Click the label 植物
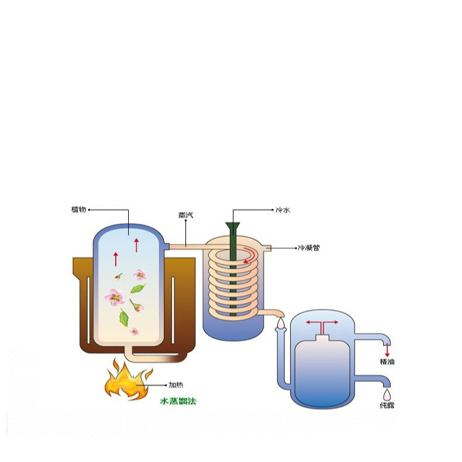tap(78, 210)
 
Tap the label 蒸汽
tap(185, 215)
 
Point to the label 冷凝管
tap(308, 248)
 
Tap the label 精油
tap(387, 362)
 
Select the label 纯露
tap(387, 405)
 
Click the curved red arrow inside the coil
tap(249, 254)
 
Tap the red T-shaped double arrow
tap(322, 324)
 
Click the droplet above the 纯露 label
tap(387, 393)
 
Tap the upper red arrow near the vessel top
tap(136, 243)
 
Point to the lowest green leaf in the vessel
tap(124, 318)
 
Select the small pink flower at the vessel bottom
tap(134, 331)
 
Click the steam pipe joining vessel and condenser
tap(185, 246)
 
